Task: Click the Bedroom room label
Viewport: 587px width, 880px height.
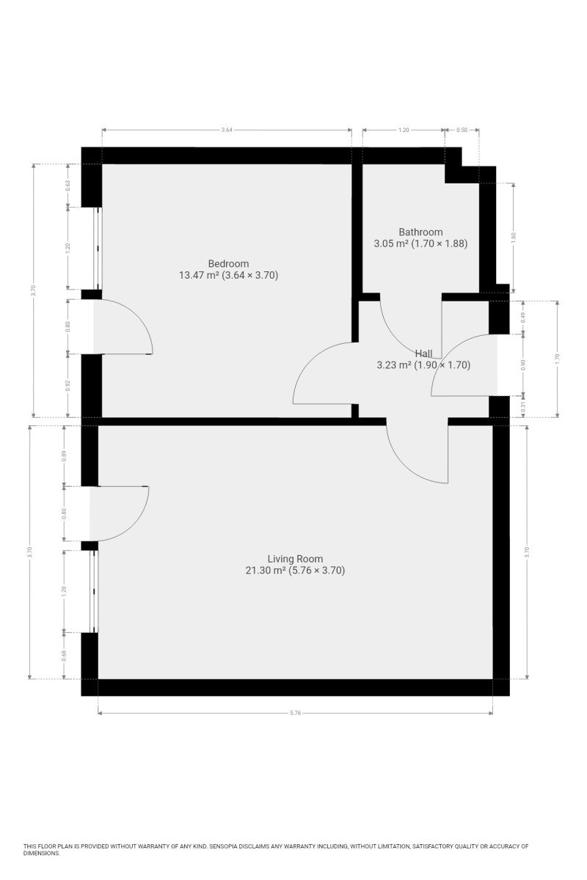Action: tap(228, 263)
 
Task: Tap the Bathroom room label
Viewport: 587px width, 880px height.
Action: tap(420, 232)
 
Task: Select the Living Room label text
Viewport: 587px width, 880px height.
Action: tap(295, 559)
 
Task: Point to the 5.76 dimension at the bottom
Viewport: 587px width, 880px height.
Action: tap(295, 713)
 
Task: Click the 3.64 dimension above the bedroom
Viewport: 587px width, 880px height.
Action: tap(227, 130)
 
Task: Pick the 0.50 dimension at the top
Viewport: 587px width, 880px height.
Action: tap(462, 130)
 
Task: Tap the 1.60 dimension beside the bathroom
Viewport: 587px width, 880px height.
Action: tap(513, 238)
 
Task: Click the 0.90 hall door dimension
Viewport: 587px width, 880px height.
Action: tap(523, 365)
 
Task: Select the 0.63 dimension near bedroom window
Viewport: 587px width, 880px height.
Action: tap(68, 185)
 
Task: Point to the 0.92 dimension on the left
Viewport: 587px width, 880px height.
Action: tap(68, 386)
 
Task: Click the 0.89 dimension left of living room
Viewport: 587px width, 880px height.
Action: tap(64, 456)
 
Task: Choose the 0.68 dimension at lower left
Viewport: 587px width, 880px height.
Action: tap(64, 656)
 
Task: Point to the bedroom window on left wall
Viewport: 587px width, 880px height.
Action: tap(98, 249)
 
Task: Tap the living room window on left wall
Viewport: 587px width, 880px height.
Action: tap(94, 591)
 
